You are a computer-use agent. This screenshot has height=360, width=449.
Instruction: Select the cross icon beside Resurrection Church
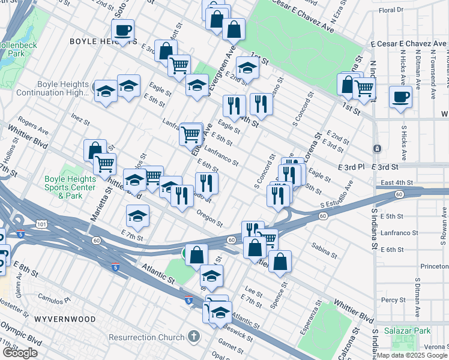point(193,335)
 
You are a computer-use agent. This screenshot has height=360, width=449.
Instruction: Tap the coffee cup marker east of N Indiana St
point(400,97)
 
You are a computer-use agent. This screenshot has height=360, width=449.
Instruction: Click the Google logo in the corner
point(20,353)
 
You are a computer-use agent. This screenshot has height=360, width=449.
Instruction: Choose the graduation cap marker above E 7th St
point(137,217)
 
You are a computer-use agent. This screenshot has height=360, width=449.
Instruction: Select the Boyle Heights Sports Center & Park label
point(71,187)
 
